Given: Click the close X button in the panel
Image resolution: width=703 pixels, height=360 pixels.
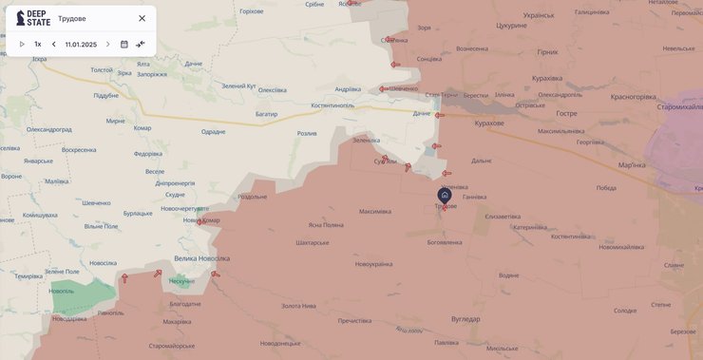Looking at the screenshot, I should (142, 18).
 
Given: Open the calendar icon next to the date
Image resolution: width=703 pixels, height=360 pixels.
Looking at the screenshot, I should (123, 44).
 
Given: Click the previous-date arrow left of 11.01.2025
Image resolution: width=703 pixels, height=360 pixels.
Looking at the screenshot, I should (53, 44).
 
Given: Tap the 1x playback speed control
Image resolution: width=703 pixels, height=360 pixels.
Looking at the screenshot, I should (38, 44).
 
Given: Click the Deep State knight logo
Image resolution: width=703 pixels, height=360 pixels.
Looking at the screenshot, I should (21, 18).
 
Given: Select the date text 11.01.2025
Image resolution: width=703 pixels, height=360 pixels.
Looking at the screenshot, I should (81, 44).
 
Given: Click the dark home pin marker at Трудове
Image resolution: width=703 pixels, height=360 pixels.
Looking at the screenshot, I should (445, 195).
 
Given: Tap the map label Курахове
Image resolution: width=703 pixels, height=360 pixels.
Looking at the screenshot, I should (489, 123).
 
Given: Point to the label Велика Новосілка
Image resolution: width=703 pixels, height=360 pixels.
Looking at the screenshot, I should (201, 258).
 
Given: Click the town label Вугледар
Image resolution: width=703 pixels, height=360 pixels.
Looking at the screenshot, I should (465, 318).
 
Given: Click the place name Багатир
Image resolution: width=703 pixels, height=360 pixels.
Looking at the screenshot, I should (266, 114).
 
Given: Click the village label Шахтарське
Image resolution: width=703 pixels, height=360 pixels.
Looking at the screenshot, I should (313, 242).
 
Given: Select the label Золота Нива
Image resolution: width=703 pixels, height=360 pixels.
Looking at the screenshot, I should (298, 305).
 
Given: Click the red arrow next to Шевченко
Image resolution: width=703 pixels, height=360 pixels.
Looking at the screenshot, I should (383, 89).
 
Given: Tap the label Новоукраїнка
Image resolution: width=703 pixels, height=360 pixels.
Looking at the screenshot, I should (373, 263).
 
